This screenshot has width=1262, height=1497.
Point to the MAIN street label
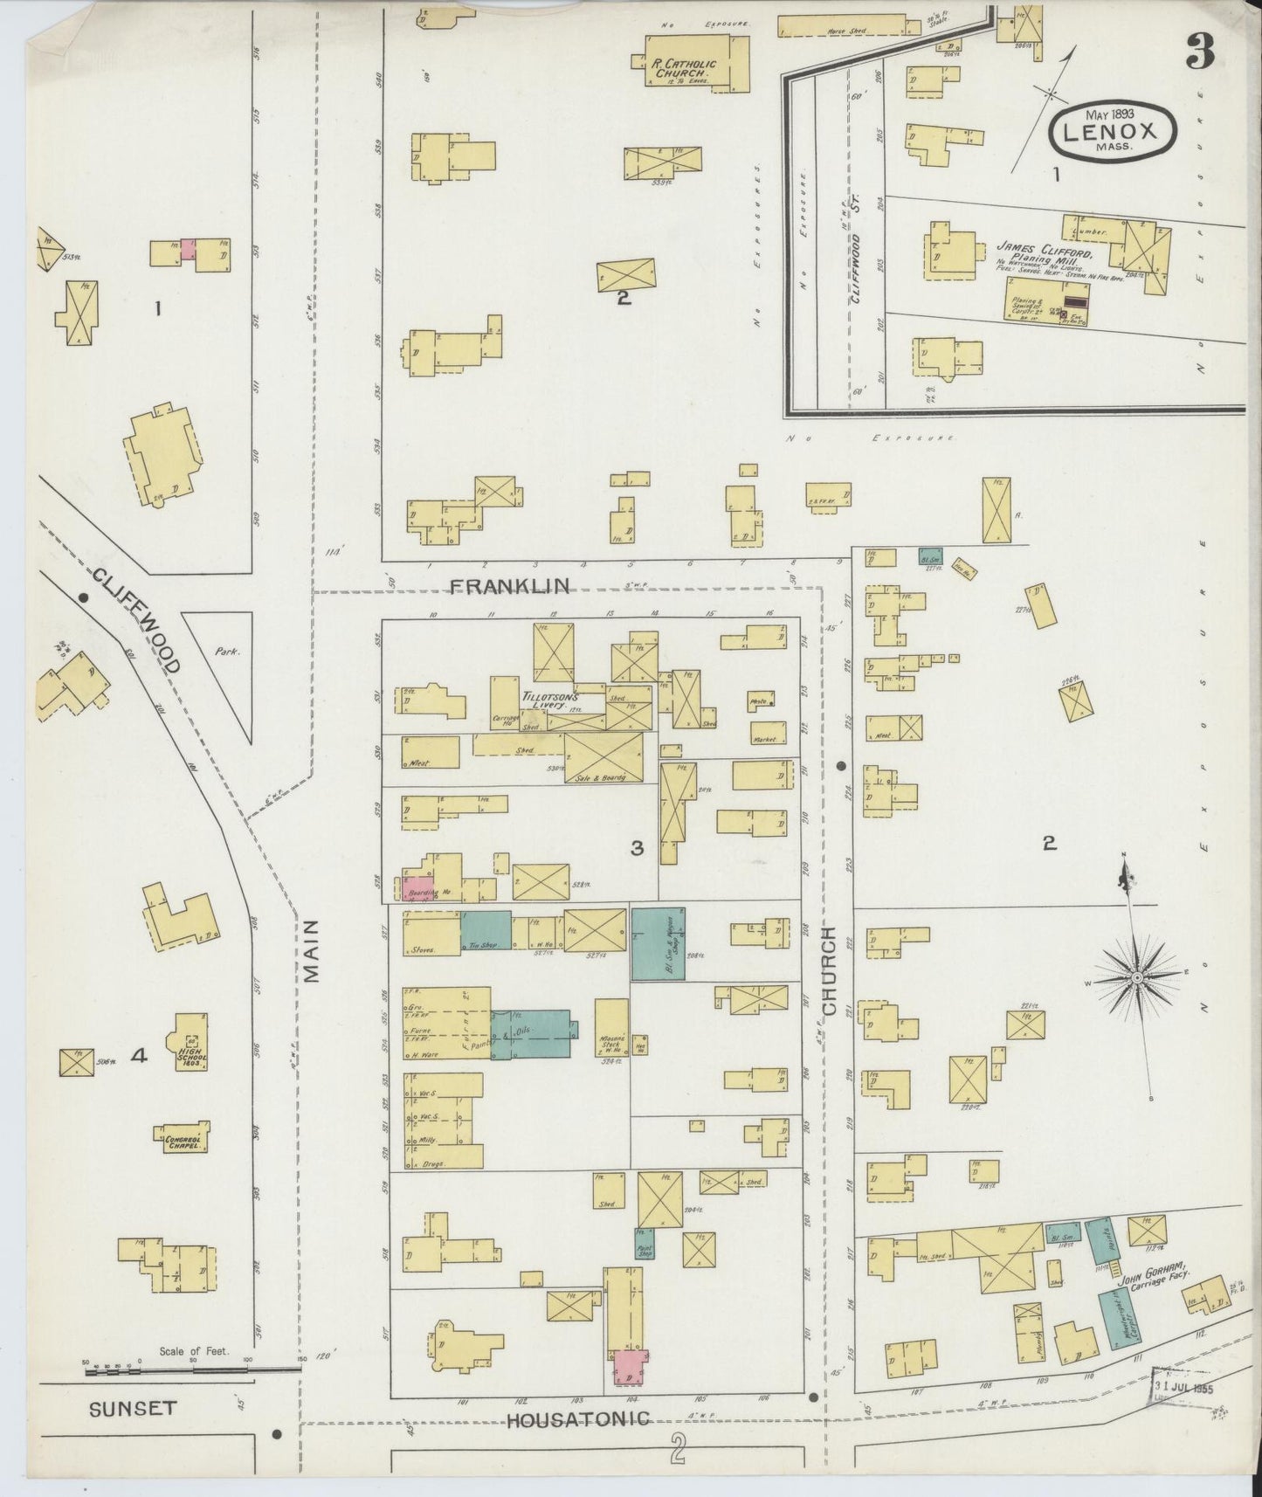click(313, 952)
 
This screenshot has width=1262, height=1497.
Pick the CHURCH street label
click(829, 976)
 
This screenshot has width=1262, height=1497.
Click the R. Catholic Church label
click(684, 70)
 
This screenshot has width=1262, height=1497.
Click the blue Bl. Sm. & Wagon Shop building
click(658, 944)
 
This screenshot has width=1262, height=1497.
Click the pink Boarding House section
click(417, 889)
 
